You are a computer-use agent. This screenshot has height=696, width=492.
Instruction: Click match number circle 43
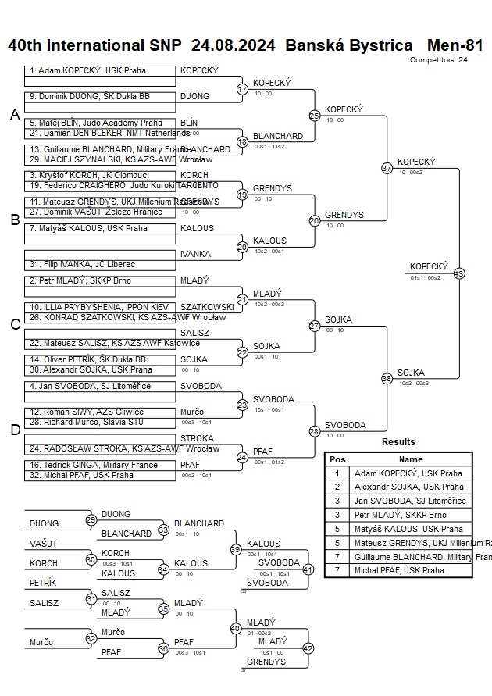[x=459, y=273]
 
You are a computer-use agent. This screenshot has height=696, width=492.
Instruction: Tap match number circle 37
[x=387, y=168]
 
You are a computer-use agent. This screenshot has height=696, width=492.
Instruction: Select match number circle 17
[x=242, y=90]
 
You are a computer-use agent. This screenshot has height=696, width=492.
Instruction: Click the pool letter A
[x=14, y=115]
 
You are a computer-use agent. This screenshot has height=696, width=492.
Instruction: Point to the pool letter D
[x=14, y=429]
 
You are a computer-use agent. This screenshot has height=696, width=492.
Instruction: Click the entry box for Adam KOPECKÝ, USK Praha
[x=98, y=71]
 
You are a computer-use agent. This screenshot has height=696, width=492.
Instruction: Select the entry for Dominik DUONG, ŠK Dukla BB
[x=98, y=97]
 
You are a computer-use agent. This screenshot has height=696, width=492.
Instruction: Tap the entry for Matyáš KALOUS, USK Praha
[x=98, y=229]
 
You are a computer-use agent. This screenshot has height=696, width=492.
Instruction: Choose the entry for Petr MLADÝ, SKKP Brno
[x=98, y=280]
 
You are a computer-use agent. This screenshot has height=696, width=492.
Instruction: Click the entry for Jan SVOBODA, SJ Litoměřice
[x=98, y=387]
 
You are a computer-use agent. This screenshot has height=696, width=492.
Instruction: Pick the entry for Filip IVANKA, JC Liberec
[x=98, y=265]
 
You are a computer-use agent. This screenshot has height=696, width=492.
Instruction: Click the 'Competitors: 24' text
[x=439, y=59]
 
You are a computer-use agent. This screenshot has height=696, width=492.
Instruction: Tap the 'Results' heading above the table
[x=398, y=442]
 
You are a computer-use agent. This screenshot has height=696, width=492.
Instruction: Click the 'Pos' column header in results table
[x=337, y=459]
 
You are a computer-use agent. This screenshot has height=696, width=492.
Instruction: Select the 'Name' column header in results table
[x=411, y=459]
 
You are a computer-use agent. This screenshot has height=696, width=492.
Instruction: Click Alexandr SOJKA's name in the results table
[x=408, y=487]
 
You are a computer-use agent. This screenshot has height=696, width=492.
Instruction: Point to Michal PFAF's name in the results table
[x=400, y=570]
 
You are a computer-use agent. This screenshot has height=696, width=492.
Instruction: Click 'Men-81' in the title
[x=455, y=45]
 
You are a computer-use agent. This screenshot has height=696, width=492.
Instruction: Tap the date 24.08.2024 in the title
[x=233, y=45]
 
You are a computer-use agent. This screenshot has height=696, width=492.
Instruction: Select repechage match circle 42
[x=308, y=648]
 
